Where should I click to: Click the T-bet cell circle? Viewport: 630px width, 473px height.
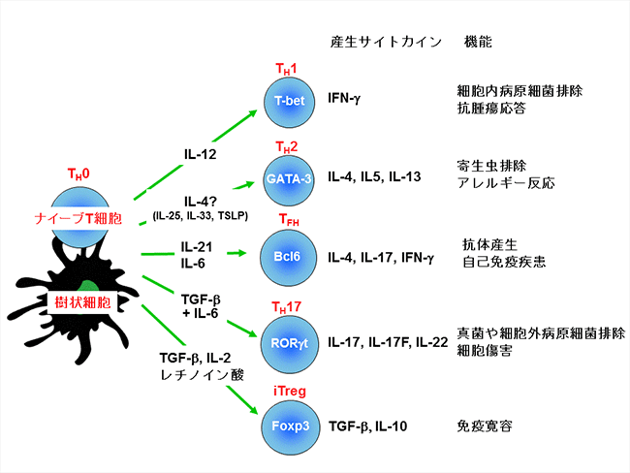click(289, 103)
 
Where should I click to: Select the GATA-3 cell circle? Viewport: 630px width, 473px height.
click(289, 180)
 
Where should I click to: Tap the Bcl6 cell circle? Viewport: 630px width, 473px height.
click(287, 258)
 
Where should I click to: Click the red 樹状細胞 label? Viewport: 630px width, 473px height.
click(82, 302)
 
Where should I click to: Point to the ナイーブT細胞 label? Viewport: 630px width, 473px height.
click(78, 218)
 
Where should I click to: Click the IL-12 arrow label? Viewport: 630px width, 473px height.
click(200, 154)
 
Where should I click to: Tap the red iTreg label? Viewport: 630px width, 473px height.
click(290, 391)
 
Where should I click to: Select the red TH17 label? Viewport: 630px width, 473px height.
click(287, 307)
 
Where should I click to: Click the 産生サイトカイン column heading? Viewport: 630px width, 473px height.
click(386, 42)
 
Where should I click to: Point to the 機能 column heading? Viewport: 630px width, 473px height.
click(478, 42)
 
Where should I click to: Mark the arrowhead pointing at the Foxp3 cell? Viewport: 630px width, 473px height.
click(253, 409)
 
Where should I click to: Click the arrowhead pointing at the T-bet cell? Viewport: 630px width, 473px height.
click(252, 113)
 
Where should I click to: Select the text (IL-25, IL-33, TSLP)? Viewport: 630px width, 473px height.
click(200, 216)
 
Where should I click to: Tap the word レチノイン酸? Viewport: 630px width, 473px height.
click(203, 375)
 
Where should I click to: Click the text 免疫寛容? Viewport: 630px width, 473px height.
click(485, 426)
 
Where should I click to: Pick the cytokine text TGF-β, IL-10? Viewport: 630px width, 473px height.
click(368, 426)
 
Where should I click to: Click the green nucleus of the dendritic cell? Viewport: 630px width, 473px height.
click(87, 286)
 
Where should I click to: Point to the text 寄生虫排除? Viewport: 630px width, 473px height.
click(491, 166)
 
